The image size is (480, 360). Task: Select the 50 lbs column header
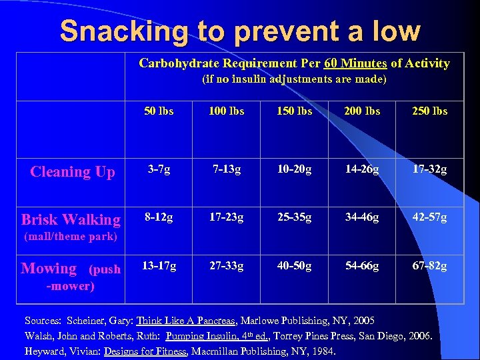pyautogui.click(x=159, y=111)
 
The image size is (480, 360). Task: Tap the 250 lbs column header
pyautogui.click(x=430, y=111)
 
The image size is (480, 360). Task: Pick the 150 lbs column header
pyautogui.click(x=295, y=111)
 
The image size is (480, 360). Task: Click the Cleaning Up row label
pyautogui.click(x=73, y=171)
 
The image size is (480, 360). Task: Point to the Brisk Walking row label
pyautogui.click(x=71, y=219)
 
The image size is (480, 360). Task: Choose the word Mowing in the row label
pyautogui.click(x=49, y=268)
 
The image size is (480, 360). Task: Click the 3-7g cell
pyautogui.click(x=159, y=169)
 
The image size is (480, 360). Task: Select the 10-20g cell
pyautogui.click(x=295, y=169)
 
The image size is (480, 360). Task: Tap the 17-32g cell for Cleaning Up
pyautogui.click(x=430, y=169)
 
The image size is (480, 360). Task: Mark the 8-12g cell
pyautogui.click(x=159, y=217)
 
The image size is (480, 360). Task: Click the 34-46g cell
pyautogui.click(x=362, y=217)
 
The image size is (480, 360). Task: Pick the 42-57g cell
pyautogui.click(x=430, y=217)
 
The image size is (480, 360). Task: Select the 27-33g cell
pyautogui.click(x=227, y=266)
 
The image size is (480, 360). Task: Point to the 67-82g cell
pyautogui.click(x=430, y=266)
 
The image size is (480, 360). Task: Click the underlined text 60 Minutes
pyautogui.click(x=355, y=63)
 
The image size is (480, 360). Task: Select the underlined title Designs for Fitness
pyautogui.click(x=145, y=351)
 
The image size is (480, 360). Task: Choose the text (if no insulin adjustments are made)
pyautogui.click(x=294, y=79)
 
